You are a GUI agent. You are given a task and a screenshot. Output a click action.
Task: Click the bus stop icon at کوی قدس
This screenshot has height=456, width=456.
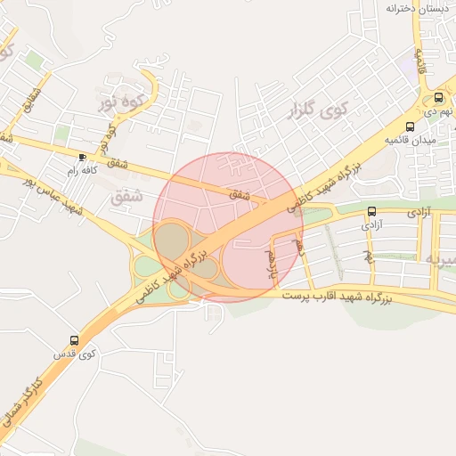(x=74, y=341)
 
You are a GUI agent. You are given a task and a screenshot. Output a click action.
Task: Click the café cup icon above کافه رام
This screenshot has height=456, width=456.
(x=83, y=157)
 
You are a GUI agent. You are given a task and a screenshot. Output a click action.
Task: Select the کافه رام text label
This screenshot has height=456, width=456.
(x=80, y=169)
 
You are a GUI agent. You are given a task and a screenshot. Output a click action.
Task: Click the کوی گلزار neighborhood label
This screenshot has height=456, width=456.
(x=318, y=112)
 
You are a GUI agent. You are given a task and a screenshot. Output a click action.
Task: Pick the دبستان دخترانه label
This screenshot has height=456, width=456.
(x=416, y=8)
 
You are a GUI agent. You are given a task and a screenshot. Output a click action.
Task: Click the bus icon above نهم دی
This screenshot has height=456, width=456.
(x=438, y=98)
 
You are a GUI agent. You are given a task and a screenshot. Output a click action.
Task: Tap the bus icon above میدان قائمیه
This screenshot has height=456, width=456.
(x=409, y=126)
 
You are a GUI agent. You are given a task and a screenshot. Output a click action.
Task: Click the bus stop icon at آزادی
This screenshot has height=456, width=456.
(x=371, y=212)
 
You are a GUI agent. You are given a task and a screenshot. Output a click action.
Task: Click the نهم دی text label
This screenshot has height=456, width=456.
(x=438, y=112)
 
